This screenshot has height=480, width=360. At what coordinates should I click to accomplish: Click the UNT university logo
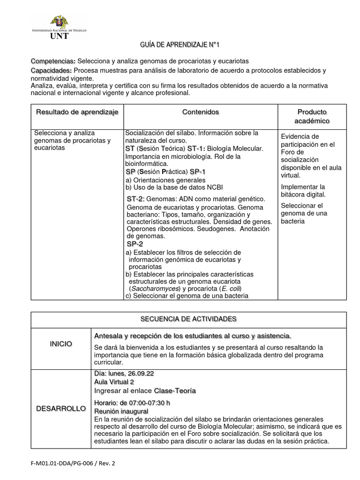pyautogui.click(x=59, y=27)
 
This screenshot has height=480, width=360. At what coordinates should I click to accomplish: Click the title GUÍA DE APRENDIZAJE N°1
pyautogui.click(x=180, y=45)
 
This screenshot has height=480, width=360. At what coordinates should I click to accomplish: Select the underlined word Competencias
pyautogui.click(x=53, y=61)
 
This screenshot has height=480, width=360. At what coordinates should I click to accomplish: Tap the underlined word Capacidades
pyautogui.click(x=51, y=70)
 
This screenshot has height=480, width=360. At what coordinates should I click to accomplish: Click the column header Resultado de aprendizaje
pyautogui.click(x=77, y=112)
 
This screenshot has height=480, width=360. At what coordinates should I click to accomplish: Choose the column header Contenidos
pyautogui.click(x=200, y=112)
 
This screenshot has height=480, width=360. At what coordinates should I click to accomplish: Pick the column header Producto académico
pyautogui.click(x=312, y=116)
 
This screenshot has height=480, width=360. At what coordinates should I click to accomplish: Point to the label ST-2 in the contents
pyautogui.click(x=135, y=199)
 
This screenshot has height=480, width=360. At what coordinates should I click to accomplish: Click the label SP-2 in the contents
pyautogui.click(x=135, y=244)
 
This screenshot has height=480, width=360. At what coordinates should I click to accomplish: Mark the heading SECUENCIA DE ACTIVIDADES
pyautogui.click(x=188, y=319)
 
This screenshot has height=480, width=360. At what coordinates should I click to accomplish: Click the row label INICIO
pyautogui.click(x=61, y=344)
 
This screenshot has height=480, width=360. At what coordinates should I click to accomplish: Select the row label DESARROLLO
pyautogui.click(x=61, y=409)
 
